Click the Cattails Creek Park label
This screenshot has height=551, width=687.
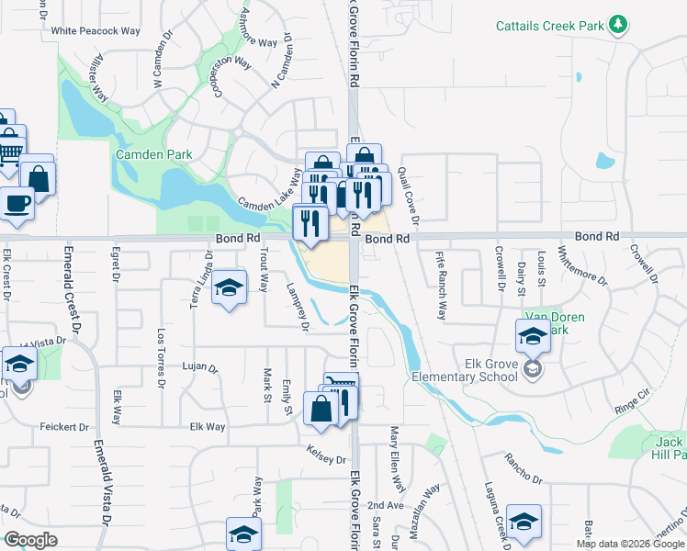(550, 25)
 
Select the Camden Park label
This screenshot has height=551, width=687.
(153, 154)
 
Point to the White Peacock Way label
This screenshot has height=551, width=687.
(96, 30)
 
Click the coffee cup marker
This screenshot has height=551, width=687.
(17, 202)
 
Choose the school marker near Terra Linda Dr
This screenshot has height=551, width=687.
(229, 289)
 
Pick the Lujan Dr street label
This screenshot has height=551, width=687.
(199, 368)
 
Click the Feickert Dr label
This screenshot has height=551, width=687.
(64, 427)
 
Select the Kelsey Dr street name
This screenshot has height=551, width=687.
(327, 458)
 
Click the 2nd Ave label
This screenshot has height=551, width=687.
(386, 506)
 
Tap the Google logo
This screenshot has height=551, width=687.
(31, 540)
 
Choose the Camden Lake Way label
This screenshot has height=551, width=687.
(268, 190)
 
